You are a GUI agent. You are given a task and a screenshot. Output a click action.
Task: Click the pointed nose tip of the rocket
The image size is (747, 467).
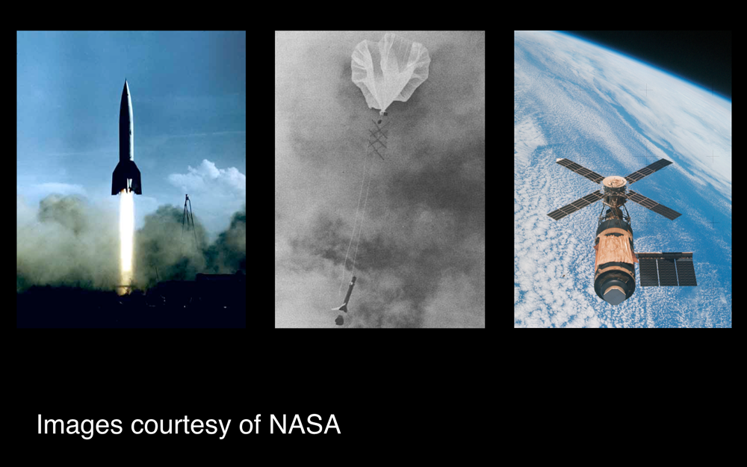[x=125, y=80]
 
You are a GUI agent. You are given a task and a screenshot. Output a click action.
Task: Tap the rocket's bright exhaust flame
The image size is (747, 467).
[x=126, y=238]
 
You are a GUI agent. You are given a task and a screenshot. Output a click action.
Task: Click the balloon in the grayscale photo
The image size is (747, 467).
[x=390, y=72]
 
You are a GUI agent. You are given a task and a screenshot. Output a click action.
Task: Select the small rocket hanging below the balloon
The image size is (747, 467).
[x=347, y=300]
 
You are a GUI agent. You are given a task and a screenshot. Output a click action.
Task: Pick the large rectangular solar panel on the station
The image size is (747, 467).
[x=667, y=269]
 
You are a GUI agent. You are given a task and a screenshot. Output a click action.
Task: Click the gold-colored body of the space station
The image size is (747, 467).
[x=615, y=248]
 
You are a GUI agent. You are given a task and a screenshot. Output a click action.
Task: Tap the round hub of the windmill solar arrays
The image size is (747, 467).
[x=614, y=184]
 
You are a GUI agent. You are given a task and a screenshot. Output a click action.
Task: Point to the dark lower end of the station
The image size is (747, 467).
[x=615, y=288]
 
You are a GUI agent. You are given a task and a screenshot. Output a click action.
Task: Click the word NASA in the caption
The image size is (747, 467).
[x=305, y=424]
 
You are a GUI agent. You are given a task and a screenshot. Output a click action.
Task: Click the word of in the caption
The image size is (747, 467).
[x=250, y=424]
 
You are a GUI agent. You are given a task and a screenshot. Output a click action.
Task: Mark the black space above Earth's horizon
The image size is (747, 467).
[x=686, y=52]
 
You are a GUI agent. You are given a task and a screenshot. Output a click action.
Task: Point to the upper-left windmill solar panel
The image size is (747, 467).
[x=580, y=170]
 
